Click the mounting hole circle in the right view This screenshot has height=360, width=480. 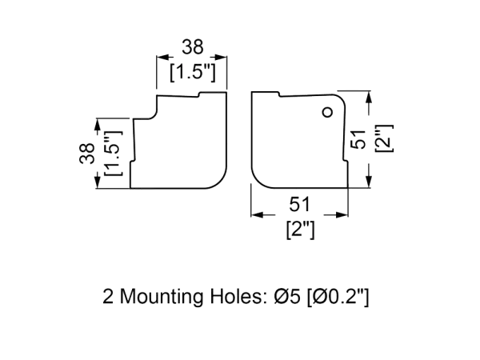327,113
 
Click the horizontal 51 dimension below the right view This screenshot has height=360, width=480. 298,205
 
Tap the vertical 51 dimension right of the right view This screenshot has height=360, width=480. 358,141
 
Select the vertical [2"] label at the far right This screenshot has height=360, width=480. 383,141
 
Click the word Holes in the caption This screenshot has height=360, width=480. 235,298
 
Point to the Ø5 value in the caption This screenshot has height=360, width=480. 286,298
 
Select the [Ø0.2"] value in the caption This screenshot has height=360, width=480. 339,298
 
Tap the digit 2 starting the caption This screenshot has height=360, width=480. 108,298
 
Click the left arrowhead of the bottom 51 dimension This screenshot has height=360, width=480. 256,214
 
